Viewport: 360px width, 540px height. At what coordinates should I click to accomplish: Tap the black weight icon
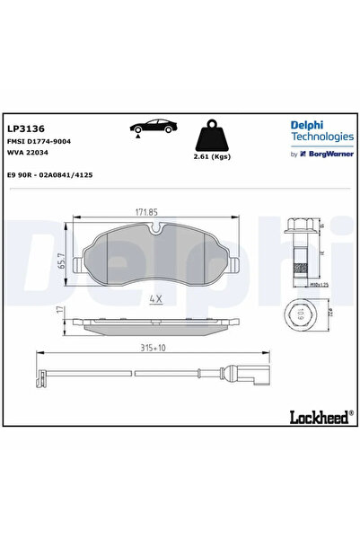click(212, 136)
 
